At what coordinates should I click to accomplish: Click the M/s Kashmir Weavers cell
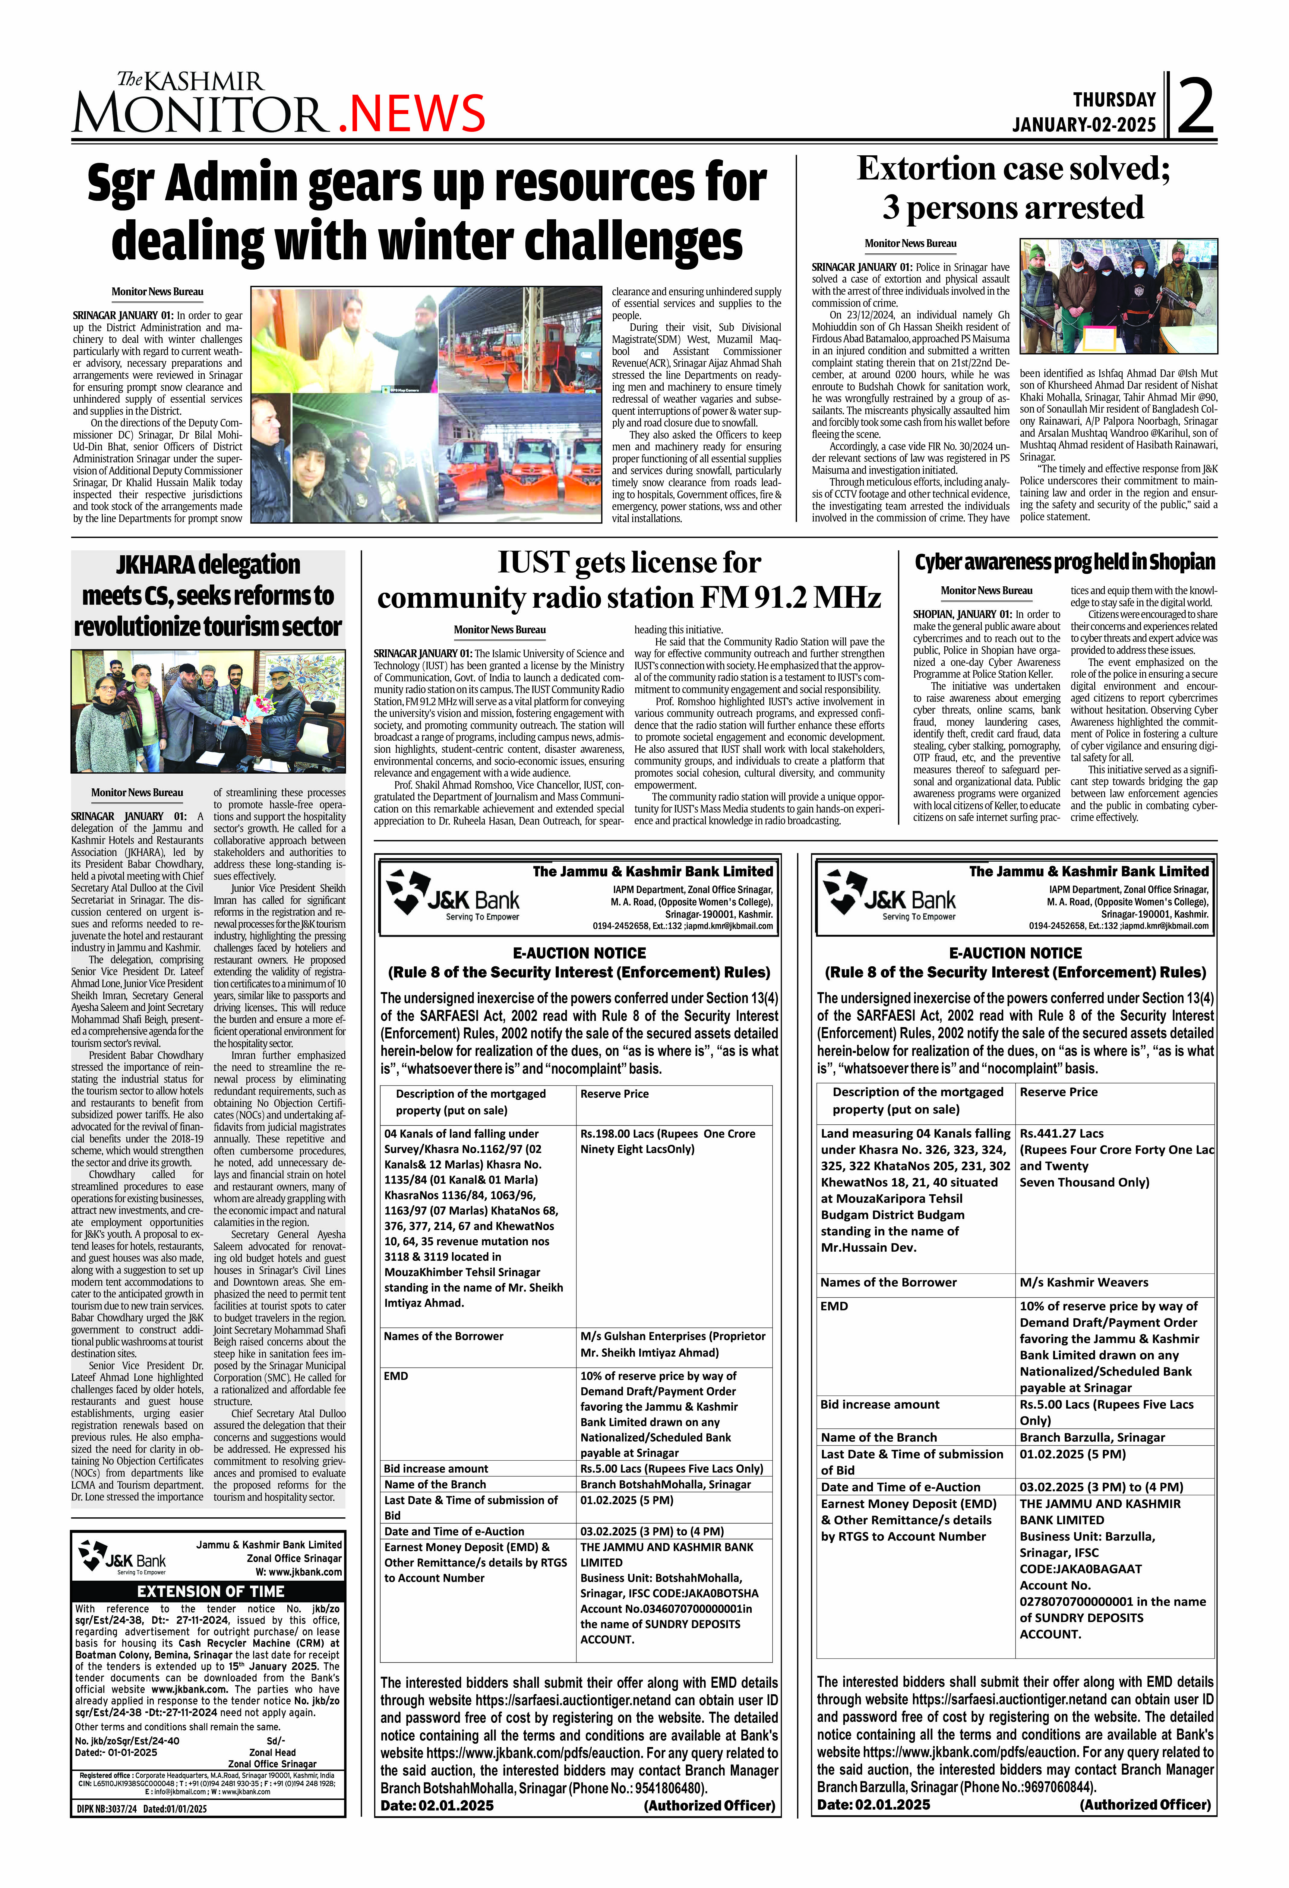(x=1083, y=1282)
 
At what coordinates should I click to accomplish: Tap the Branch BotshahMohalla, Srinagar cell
(x=664, y=1484)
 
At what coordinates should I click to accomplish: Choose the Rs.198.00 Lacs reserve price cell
(x=668, y=1141)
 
